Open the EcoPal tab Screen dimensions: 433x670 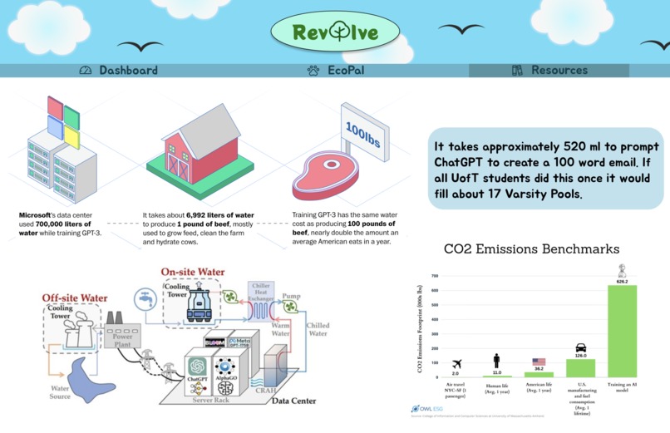click(336, 71)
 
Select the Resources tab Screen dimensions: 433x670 click(549, 71)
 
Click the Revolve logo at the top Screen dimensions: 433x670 click(336, 32)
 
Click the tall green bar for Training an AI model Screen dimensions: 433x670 click(622, 331)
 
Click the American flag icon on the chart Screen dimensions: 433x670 click(539, 362)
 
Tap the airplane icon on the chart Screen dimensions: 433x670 click(456, 364)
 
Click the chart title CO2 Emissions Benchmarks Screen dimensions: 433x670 click(531, 248)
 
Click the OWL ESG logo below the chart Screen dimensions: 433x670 click(429, 409)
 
